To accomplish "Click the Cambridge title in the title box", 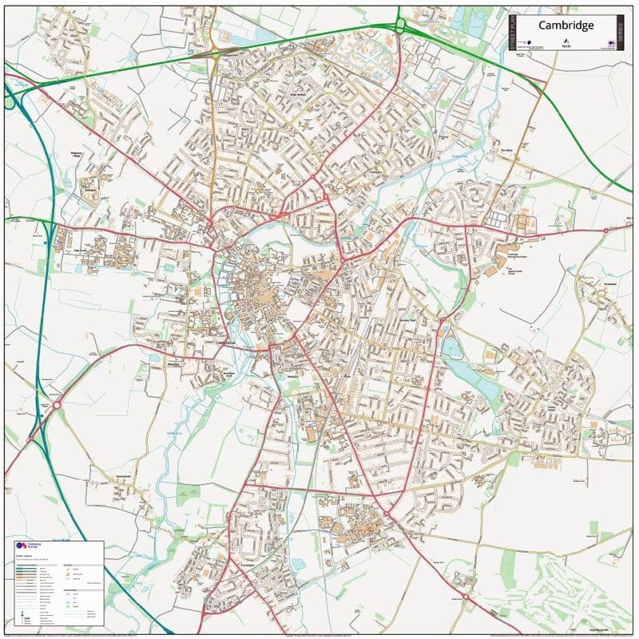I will pyautogui.click(x=566, y=25).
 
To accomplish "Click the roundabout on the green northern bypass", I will pyautogui.click(x=400, y=26).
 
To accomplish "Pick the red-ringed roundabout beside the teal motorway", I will pyautogui.click(x=57, y=404).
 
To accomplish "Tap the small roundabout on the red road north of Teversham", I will pyautogui.click(x=605, y=230).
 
